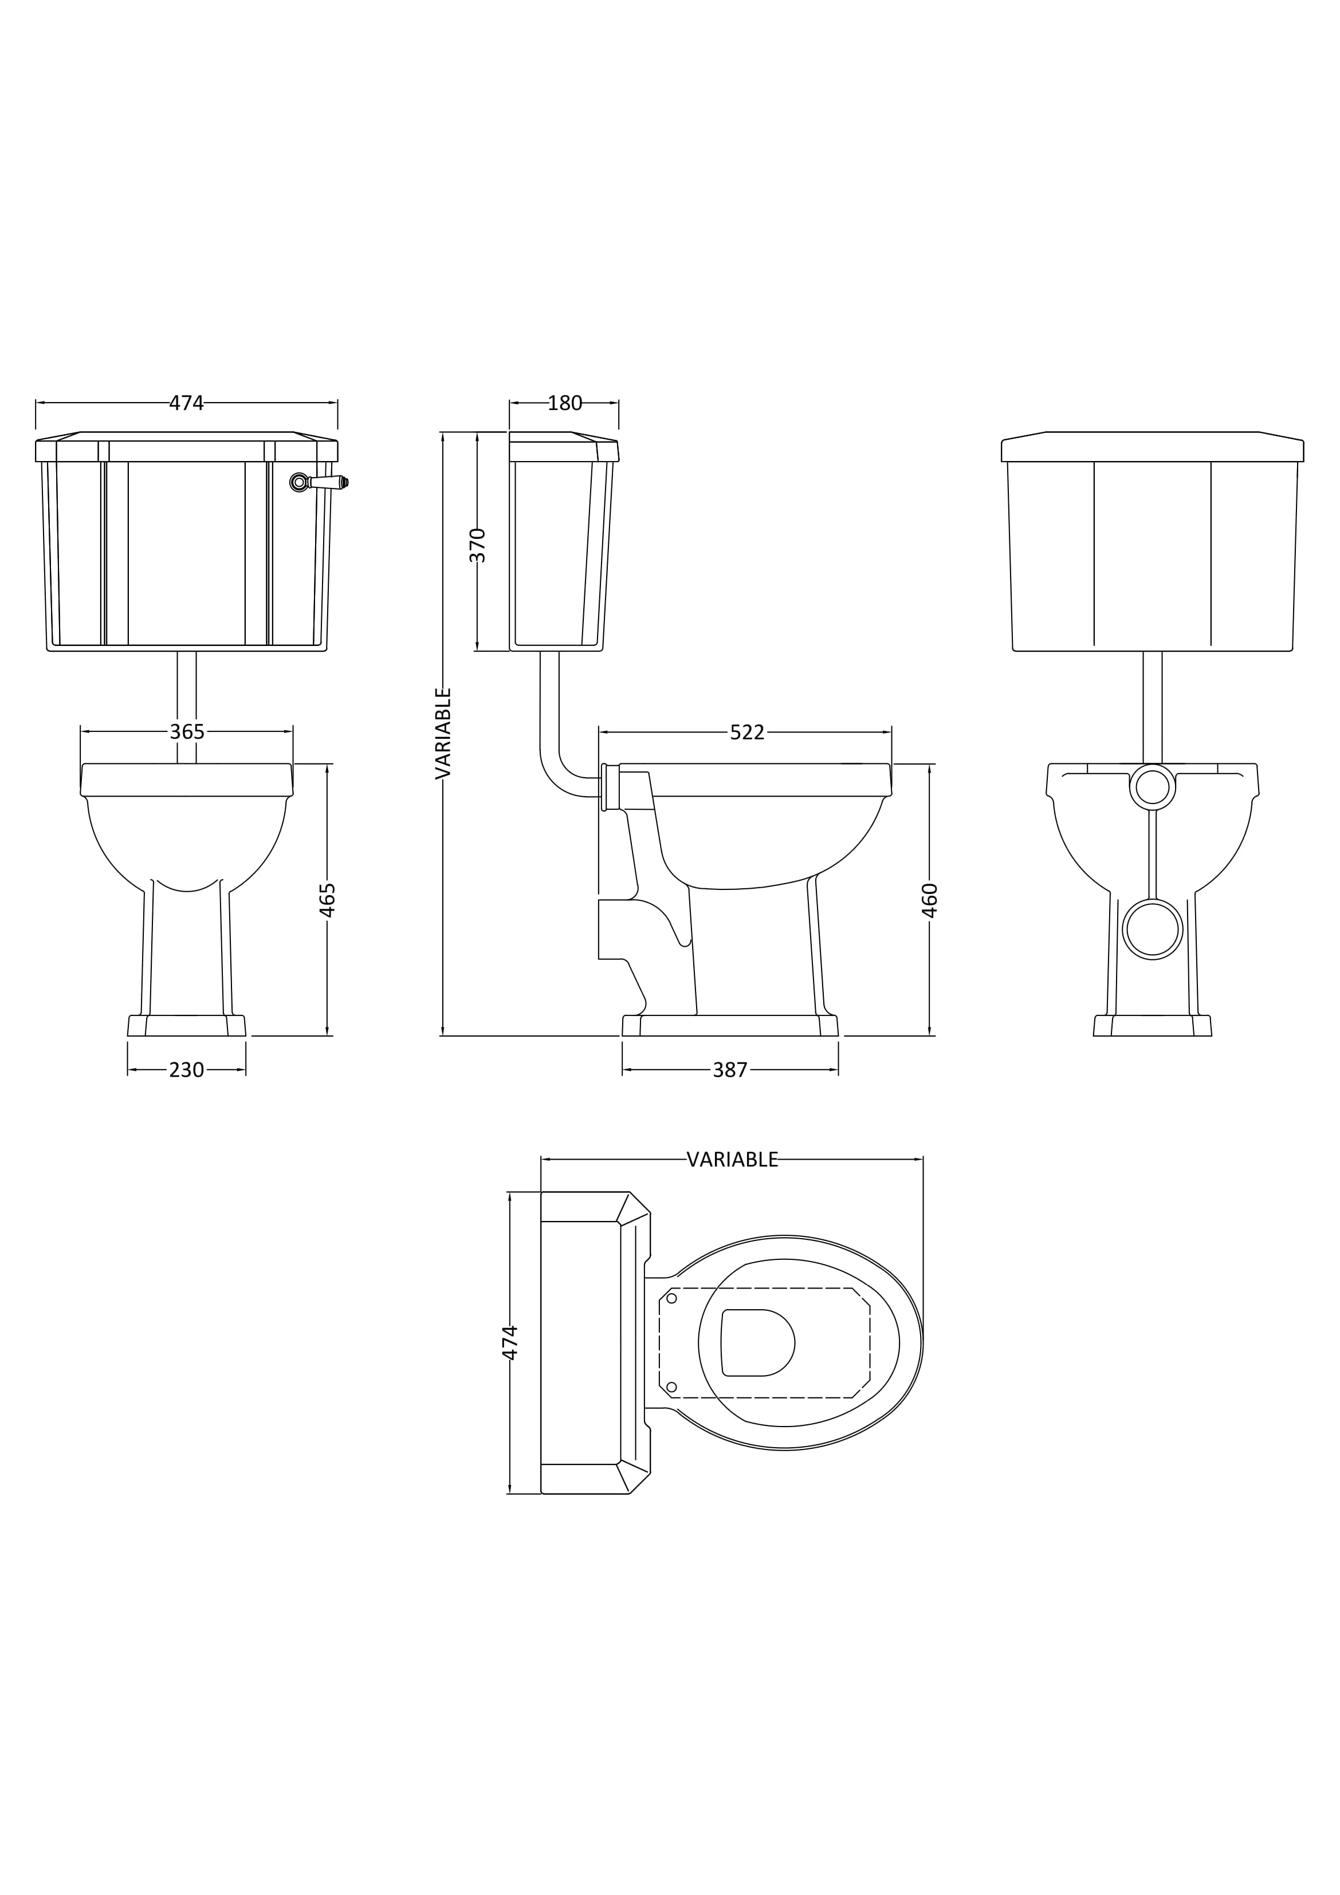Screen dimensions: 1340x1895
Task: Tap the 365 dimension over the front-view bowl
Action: pyautogui.click(x=187, y=732)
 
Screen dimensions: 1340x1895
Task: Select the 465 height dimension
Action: pyautogui.click(x=328, y=900)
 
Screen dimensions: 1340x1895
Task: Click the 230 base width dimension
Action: pyautogui.click(x=187, y=1070)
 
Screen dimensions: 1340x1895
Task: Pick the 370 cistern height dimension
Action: pyautogui.click(x=478, y=546)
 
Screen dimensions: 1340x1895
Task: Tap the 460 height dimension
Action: pyautogui.click(x=930, y=900)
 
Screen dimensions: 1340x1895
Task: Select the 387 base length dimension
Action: pyautogui.click(x=730, y=1070)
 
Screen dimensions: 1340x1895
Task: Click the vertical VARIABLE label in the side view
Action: pyautogui.click(x=443, y=733)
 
